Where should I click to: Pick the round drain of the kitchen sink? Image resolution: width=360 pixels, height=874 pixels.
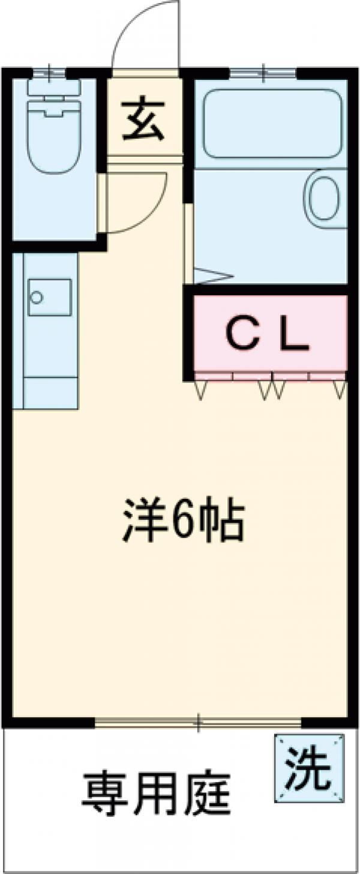coord(37,297)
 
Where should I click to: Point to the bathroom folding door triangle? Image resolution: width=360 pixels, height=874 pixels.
coord(211,276)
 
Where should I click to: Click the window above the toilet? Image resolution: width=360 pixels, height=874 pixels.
coord(49,73)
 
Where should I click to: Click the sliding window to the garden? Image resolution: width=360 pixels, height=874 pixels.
coord(198,723)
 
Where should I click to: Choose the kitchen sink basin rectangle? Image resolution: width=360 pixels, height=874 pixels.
coord(49,297)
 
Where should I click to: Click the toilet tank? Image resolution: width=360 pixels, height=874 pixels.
coord(54,88)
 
